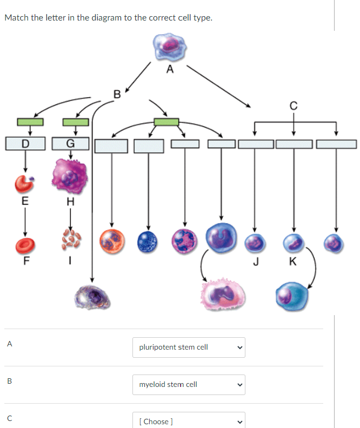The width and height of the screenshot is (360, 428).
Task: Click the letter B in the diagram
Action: [x=117, y=95]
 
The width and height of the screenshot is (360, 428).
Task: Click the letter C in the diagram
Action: [x=294, y=106]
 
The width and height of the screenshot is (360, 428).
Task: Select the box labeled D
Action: [x=25, y=144]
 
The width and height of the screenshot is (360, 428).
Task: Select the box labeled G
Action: [x=70, y=144]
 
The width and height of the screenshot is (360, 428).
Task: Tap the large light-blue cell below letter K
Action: [x=292, y=296]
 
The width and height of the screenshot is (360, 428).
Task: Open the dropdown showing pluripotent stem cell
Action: [x=189, y=347]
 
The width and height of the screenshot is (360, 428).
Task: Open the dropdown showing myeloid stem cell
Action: [x=189, y=385]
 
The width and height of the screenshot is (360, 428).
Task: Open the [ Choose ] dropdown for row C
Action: [x=189, y=420]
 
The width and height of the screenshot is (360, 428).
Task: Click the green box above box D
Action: [x=30, y=122]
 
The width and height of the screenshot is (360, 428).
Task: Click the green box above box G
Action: [x=76, y=122]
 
